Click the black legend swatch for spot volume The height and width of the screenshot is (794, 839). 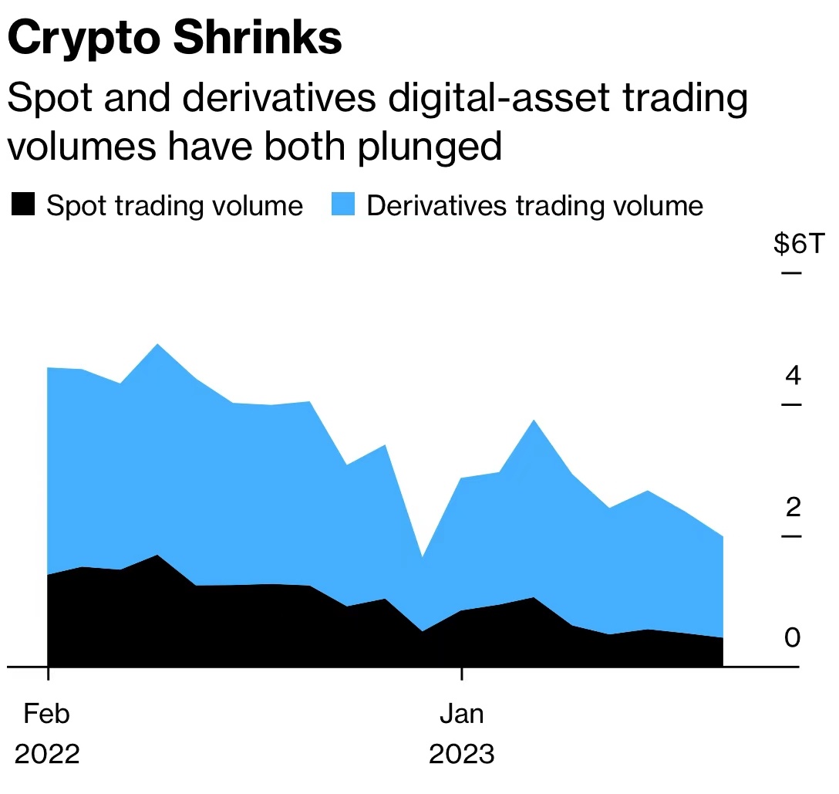[22, 205]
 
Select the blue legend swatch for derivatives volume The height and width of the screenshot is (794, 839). [342, 205]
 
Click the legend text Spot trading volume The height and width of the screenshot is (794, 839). [174, 206]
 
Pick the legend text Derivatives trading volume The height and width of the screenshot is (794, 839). [534, 206]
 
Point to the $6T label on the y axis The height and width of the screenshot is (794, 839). [799, 245]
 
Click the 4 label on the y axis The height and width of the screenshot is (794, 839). [793, 376]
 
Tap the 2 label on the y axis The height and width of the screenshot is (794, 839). [793, 507]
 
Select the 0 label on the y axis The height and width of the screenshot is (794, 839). [793, 637]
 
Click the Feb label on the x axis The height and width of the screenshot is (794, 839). [46, 714]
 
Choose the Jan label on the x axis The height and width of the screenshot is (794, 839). [462, 714]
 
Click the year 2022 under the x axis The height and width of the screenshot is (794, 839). [47, 753]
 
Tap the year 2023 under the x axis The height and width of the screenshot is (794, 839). [461, 753]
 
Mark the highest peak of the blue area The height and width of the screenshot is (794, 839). [157, 344]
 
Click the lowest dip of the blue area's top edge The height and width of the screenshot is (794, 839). [422, 556]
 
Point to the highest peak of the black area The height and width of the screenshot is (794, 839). [157, 555]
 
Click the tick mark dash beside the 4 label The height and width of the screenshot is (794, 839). [790, 404]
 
